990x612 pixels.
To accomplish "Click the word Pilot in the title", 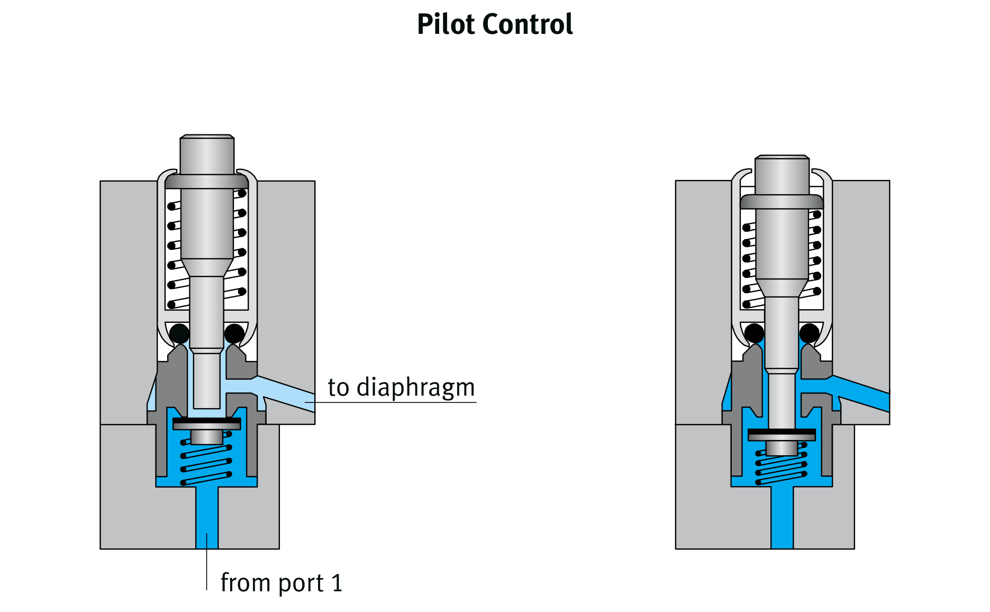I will (446, 24).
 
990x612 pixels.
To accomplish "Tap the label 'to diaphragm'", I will (401, 387).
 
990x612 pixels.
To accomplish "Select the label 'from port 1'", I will (281, 583).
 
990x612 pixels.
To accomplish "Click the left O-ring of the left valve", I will (179, 334).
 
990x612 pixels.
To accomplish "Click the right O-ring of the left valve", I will (234, 334).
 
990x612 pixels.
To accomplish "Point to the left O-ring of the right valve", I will (754, 334).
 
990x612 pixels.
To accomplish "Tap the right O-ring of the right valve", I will (809, 334).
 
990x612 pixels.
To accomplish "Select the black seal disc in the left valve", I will (207, 420).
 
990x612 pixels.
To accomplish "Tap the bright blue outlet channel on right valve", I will (862, 394).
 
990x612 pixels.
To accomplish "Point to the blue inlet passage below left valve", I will (207, 516).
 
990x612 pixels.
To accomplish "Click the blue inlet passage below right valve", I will (782, 516).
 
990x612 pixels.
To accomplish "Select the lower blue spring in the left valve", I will (207, 461).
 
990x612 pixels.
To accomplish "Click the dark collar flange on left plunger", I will (207, 182).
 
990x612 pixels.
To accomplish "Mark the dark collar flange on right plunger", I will (782, 202).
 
